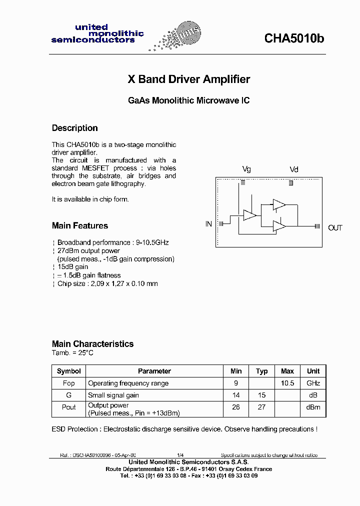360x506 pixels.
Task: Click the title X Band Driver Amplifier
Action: (x=189, y=79)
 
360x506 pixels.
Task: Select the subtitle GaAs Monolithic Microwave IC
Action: (x=188, y=100)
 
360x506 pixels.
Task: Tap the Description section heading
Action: (x=75, y=128)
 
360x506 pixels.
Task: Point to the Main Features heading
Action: (x=80, y=225)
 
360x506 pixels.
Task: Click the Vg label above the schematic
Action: (x=246, y=169)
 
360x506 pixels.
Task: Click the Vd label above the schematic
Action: (x=294, y=169)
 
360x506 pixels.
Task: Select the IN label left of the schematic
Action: (x=208, y=224)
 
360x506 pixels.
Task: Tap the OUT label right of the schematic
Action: (x=335, y=228)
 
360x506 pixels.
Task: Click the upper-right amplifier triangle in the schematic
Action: (x=279, y=204)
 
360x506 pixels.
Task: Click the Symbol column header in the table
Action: (x=69, y=371)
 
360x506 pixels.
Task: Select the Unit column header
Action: (x=313, y=371)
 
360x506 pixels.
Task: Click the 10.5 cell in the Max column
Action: (x=287, y=383)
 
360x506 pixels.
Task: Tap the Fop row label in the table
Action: (x=69, y=383)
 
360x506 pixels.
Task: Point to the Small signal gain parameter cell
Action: (x=113, y=395)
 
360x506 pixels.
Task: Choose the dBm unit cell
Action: (x=313, y=407)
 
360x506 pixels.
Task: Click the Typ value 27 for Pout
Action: (x=261, y=407)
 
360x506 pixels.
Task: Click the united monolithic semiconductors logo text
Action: (x=97, y=33)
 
